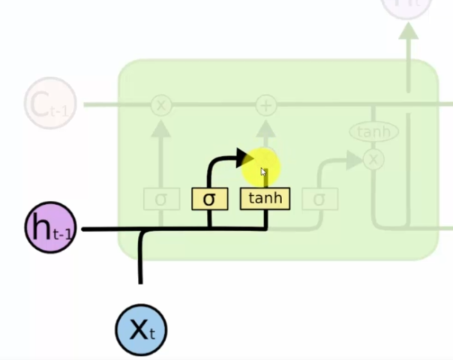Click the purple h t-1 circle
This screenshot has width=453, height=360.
(51, 227)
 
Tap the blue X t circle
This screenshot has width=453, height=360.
(140, 329)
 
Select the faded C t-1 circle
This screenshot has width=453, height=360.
(49, 104)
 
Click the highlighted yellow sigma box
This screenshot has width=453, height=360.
(209, 199)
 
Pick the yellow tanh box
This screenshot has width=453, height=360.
(265, 199)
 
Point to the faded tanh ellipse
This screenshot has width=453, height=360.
(373, 133)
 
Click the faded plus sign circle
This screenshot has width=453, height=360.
(265, 105)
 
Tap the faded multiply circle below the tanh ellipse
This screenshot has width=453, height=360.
(373, 158)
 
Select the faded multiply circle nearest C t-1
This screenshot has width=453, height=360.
(160, 105)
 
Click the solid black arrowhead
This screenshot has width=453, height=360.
(242, 157)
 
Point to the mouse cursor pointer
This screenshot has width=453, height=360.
(263, 172)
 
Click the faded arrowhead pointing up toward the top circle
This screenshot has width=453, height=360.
(408, 31)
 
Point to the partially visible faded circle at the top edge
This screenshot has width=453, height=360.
(407, 6)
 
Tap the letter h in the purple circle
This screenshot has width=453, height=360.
(40, 226)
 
